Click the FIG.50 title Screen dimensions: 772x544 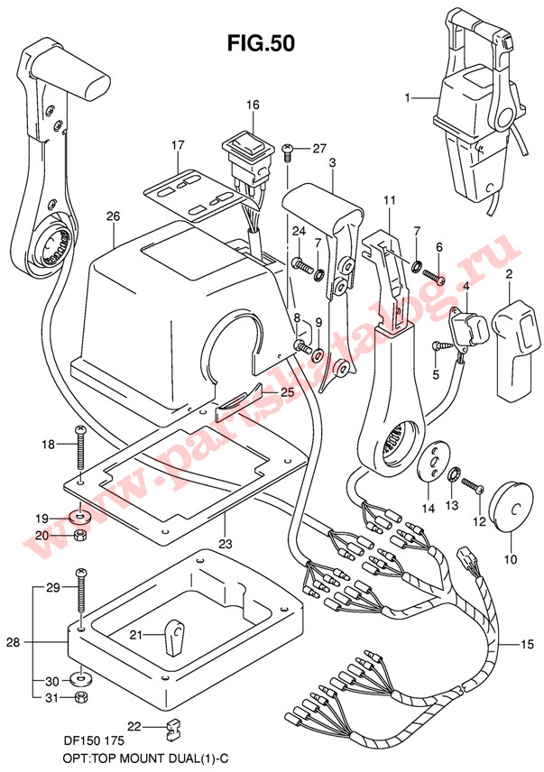[x=261, y=42]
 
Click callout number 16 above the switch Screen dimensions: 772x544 [x=253, y=106]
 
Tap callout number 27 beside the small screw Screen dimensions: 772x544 [x=318, y=149]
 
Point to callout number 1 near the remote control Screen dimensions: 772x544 [x=408, y=96]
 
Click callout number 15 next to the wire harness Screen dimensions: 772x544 [x=526, y=644]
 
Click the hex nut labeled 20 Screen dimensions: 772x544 [x=80, y=536]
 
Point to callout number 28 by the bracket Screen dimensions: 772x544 [x=14, y=642]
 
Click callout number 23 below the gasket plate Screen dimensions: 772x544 [x=225, y=545]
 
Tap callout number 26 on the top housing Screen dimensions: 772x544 [x=112, y=216]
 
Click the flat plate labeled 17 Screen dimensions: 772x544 [x=189, y=193]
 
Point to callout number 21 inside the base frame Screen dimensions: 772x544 [x=134, y=635]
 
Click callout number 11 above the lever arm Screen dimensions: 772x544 [x=389, y=198]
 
